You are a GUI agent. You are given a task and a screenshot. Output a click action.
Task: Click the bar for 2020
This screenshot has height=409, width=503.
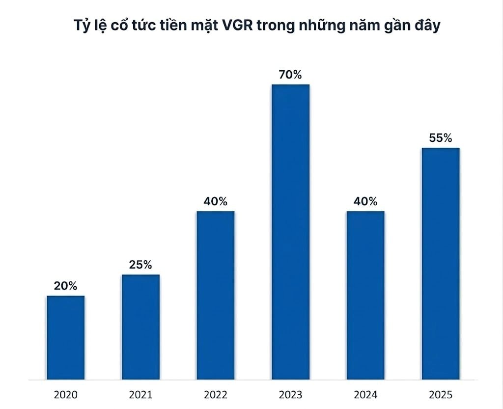tap(66, 338)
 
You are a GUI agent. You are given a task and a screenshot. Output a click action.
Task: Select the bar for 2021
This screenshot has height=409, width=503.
tap(140, 327)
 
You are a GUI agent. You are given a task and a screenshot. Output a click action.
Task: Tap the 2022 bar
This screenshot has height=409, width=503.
tap(216, 296)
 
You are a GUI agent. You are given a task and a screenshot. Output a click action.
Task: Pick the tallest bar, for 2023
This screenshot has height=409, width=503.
tap(290, 232)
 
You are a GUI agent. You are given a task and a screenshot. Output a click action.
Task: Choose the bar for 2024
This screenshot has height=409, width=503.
tap(365, 296)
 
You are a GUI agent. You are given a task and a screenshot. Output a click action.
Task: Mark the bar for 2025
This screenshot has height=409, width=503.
tap(440, 264)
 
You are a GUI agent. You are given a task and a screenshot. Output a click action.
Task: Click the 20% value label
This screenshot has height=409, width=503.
tap(65, 286)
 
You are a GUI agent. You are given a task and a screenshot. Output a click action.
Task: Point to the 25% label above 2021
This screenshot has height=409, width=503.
tap(140, 265)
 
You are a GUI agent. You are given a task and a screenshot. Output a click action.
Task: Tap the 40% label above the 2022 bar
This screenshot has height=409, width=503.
tap(216, 202)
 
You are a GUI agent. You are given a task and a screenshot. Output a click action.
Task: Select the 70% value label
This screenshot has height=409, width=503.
tap(290, 75)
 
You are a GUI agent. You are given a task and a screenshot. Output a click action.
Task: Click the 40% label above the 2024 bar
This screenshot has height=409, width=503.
tap(365, 202)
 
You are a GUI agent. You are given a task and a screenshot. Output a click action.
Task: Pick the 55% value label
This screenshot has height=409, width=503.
tap(440, 138)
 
